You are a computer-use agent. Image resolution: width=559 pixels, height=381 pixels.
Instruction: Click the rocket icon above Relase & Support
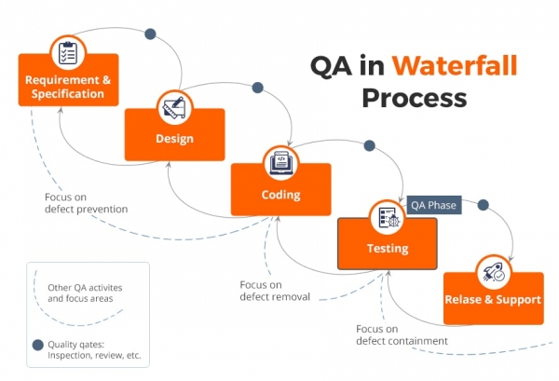[x=494, y=272]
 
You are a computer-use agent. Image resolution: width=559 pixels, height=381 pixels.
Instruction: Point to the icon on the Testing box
[x=387, y=218]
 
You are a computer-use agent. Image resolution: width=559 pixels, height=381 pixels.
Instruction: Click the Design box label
[x=174, y=140]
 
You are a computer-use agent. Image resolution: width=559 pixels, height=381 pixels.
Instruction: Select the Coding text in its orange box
[x=280, y=195]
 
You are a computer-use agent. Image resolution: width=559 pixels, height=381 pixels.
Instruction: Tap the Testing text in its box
[x=387, y=249]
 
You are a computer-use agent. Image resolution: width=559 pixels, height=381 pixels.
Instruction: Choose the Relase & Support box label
[x=493, y=300]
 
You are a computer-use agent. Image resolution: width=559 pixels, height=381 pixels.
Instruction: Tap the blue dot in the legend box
[x=37, y=345]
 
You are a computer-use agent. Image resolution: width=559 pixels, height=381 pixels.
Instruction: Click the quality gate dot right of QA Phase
[x=483, y=204]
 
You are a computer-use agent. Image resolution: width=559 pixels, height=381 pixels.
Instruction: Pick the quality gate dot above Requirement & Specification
[x=150, y=34]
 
